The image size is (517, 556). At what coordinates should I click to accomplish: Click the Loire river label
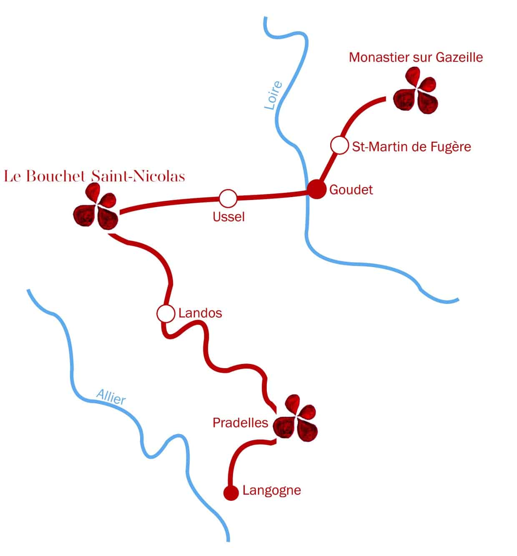coord(274,96)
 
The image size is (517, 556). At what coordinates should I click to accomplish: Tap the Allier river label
coord(111,397)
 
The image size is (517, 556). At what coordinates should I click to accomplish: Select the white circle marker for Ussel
coord(228,199)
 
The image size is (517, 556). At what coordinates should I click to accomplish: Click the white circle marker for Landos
coord(166,313)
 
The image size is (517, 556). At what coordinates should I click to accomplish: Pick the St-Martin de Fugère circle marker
coord(339,146)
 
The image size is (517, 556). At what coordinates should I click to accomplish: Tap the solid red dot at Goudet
coord(316,190)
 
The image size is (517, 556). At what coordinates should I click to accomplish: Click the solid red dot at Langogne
coord(231,493)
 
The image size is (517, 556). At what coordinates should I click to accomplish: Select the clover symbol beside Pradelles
coord(296,419)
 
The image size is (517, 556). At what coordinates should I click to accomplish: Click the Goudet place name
coord(351,190)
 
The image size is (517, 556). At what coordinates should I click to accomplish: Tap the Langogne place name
coord(272,490)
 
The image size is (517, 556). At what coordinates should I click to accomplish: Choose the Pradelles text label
coord(240,423)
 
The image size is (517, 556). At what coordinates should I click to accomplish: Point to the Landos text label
coord(200,313)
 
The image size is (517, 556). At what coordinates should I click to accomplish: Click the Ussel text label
coord(228,217)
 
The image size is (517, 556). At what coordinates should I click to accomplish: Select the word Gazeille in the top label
coord(459,57)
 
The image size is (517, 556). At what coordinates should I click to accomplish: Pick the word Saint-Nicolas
coord(138,176)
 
